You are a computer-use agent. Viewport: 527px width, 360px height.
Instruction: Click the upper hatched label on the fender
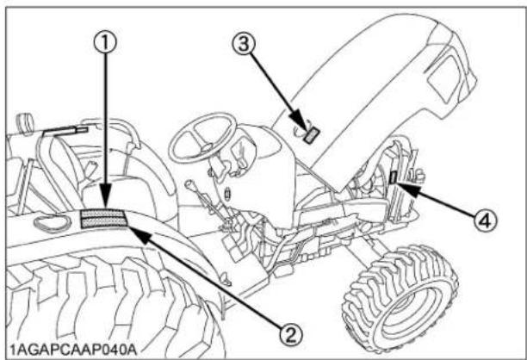103,214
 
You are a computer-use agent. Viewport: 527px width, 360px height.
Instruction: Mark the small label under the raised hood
312,133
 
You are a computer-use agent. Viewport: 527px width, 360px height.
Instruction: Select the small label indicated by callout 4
393,177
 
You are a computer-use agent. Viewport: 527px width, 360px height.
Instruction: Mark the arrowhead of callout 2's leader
131,227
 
